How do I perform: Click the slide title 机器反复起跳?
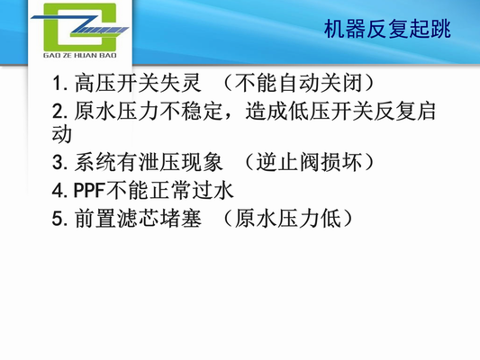[x=388, y=30]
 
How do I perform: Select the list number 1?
[x=59, y=85]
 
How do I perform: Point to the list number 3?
[x=59, y=164]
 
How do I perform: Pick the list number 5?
[x=59, y=217]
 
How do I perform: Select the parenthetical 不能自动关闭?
[x=303, y=85]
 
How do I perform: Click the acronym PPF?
[x=89, y=191]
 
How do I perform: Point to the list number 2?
[x=59, y=112]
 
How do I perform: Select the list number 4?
[x=59, y=191]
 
